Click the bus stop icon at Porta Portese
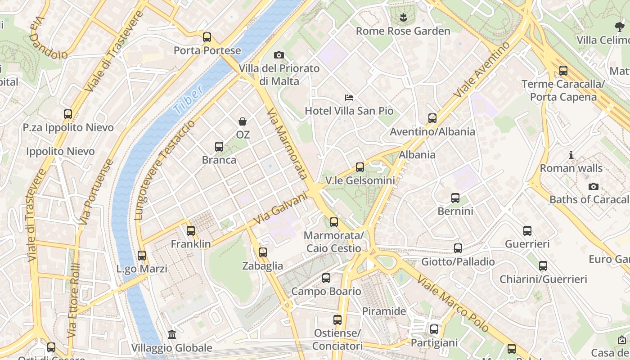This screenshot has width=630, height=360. point(207,37)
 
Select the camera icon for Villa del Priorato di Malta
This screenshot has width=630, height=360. point(279,55)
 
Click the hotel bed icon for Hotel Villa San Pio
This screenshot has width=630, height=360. point(349,97)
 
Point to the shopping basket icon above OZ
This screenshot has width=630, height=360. point(243,121)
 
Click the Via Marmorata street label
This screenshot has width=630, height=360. point(287,144)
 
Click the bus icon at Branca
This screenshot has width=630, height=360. point(219,147)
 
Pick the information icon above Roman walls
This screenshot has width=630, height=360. point(571,155)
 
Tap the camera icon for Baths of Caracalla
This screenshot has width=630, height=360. point(594,186)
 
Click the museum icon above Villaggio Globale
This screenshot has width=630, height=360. point(172,335)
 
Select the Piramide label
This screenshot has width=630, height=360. point(384,311)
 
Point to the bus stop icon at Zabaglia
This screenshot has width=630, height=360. point(263,252)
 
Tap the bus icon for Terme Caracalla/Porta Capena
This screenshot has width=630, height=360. point(563,71)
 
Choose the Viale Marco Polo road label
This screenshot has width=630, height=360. point(453,304)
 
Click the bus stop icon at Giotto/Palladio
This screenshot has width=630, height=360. point(458,248)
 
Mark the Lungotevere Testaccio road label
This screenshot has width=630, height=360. point(166,170)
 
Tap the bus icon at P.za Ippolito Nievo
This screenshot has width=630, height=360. point(68,114)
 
